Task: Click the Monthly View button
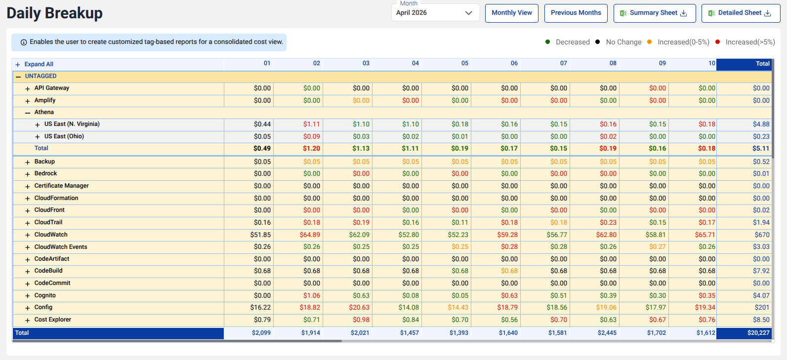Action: [x=511, y=13]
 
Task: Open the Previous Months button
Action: [x=576, y=13]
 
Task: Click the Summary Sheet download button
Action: [x=655, y=13]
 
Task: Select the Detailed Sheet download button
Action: [x=741, y=13]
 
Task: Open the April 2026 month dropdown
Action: [x=435, y=13]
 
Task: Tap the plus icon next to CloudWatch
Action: [x=27, y=235]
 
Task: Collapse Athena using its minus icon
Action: [x=27, y=113]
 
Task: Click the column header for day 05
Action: [x=464, y=63]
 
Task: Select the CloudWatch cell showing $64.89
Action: [x=310, y=235]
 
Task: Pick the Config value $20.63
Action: [x=359, y=307]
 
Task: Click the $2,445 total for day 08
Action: [x=607, y=333]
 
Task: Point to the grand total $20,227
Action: [x=758, y=333]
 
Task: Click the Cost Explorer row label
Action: [x=53, y=320]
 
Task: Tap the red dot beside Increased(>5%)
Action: [x=717, y=42]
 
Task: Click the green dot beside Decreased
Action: [x=547, y=42]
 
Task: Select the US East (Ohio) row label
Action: [x=64, y=136]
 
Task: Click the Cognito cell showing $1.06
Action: [x=311, y=295]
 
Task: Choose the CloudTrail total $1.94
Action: [x=761, y=222]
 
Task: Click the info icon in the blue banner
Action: [x=24, y=42]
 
